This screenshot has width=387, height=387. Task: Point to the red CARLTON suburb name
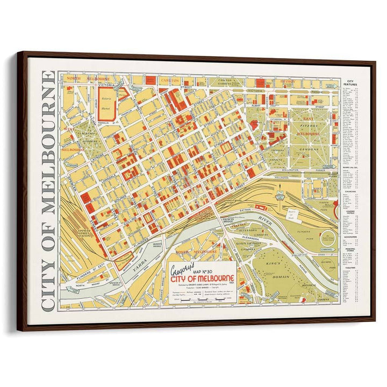tap(169, 80)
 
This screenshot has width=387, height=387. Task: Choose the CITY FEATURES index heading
tap(350, 83)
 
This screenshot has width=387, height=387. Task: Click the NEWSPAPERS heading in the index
tap(350, 236)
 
